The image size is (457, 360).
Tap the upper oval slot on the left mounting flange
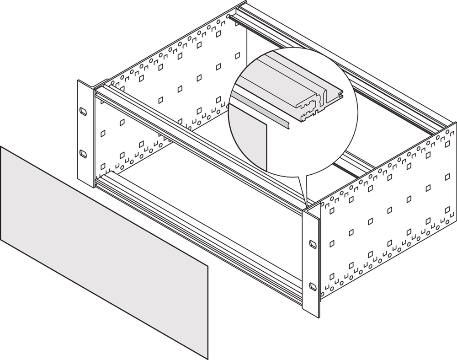(x=83, y=111)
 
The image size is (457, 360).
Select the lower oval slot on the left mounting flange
(x=83, y=153)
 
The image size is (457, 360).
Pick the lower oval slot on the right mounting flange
(x=312, y=286)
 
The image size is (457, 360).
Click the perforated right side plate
(x=388, y=215)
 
